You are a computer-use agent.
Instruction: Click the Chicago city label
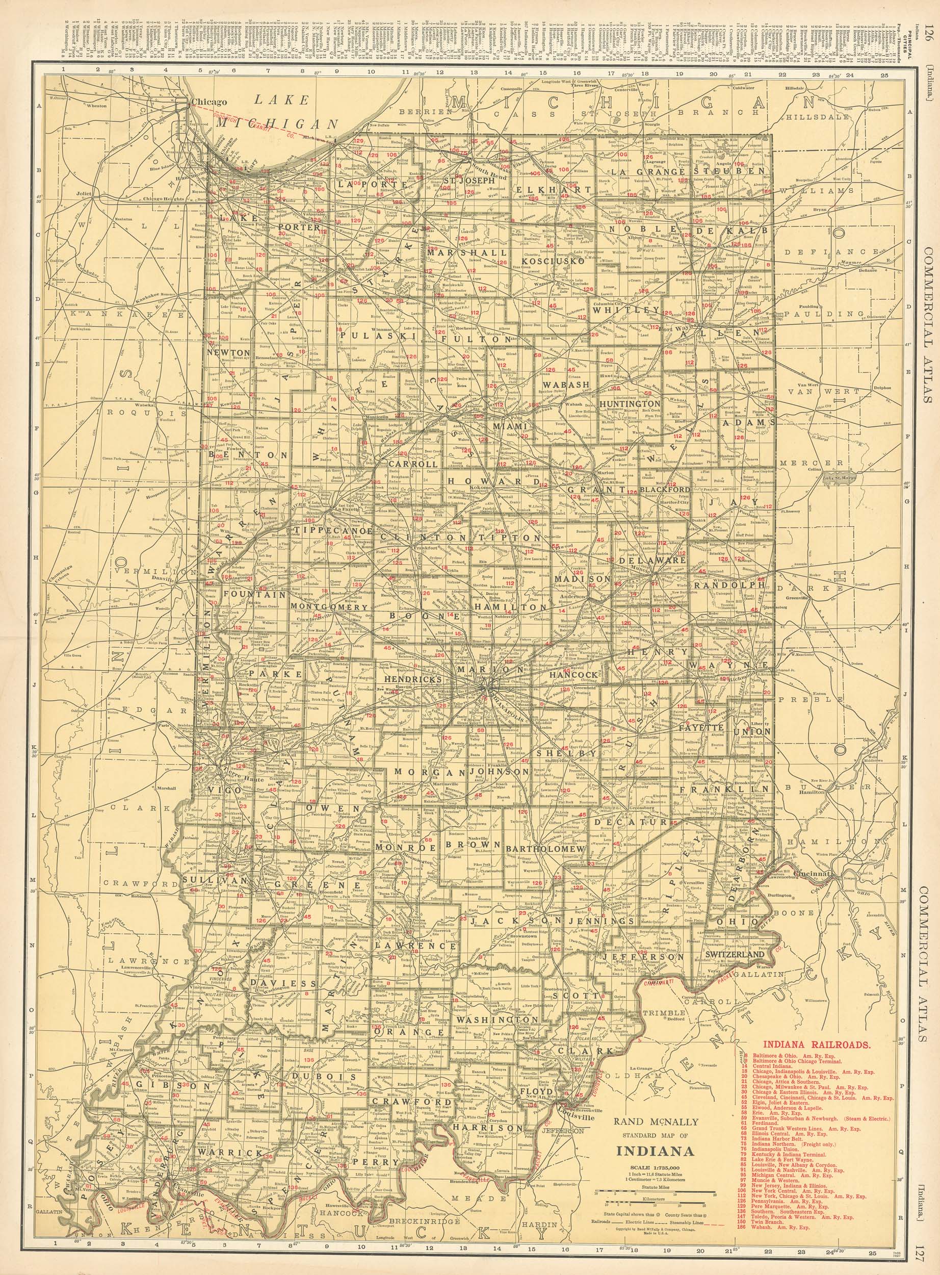coord(210,102)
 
